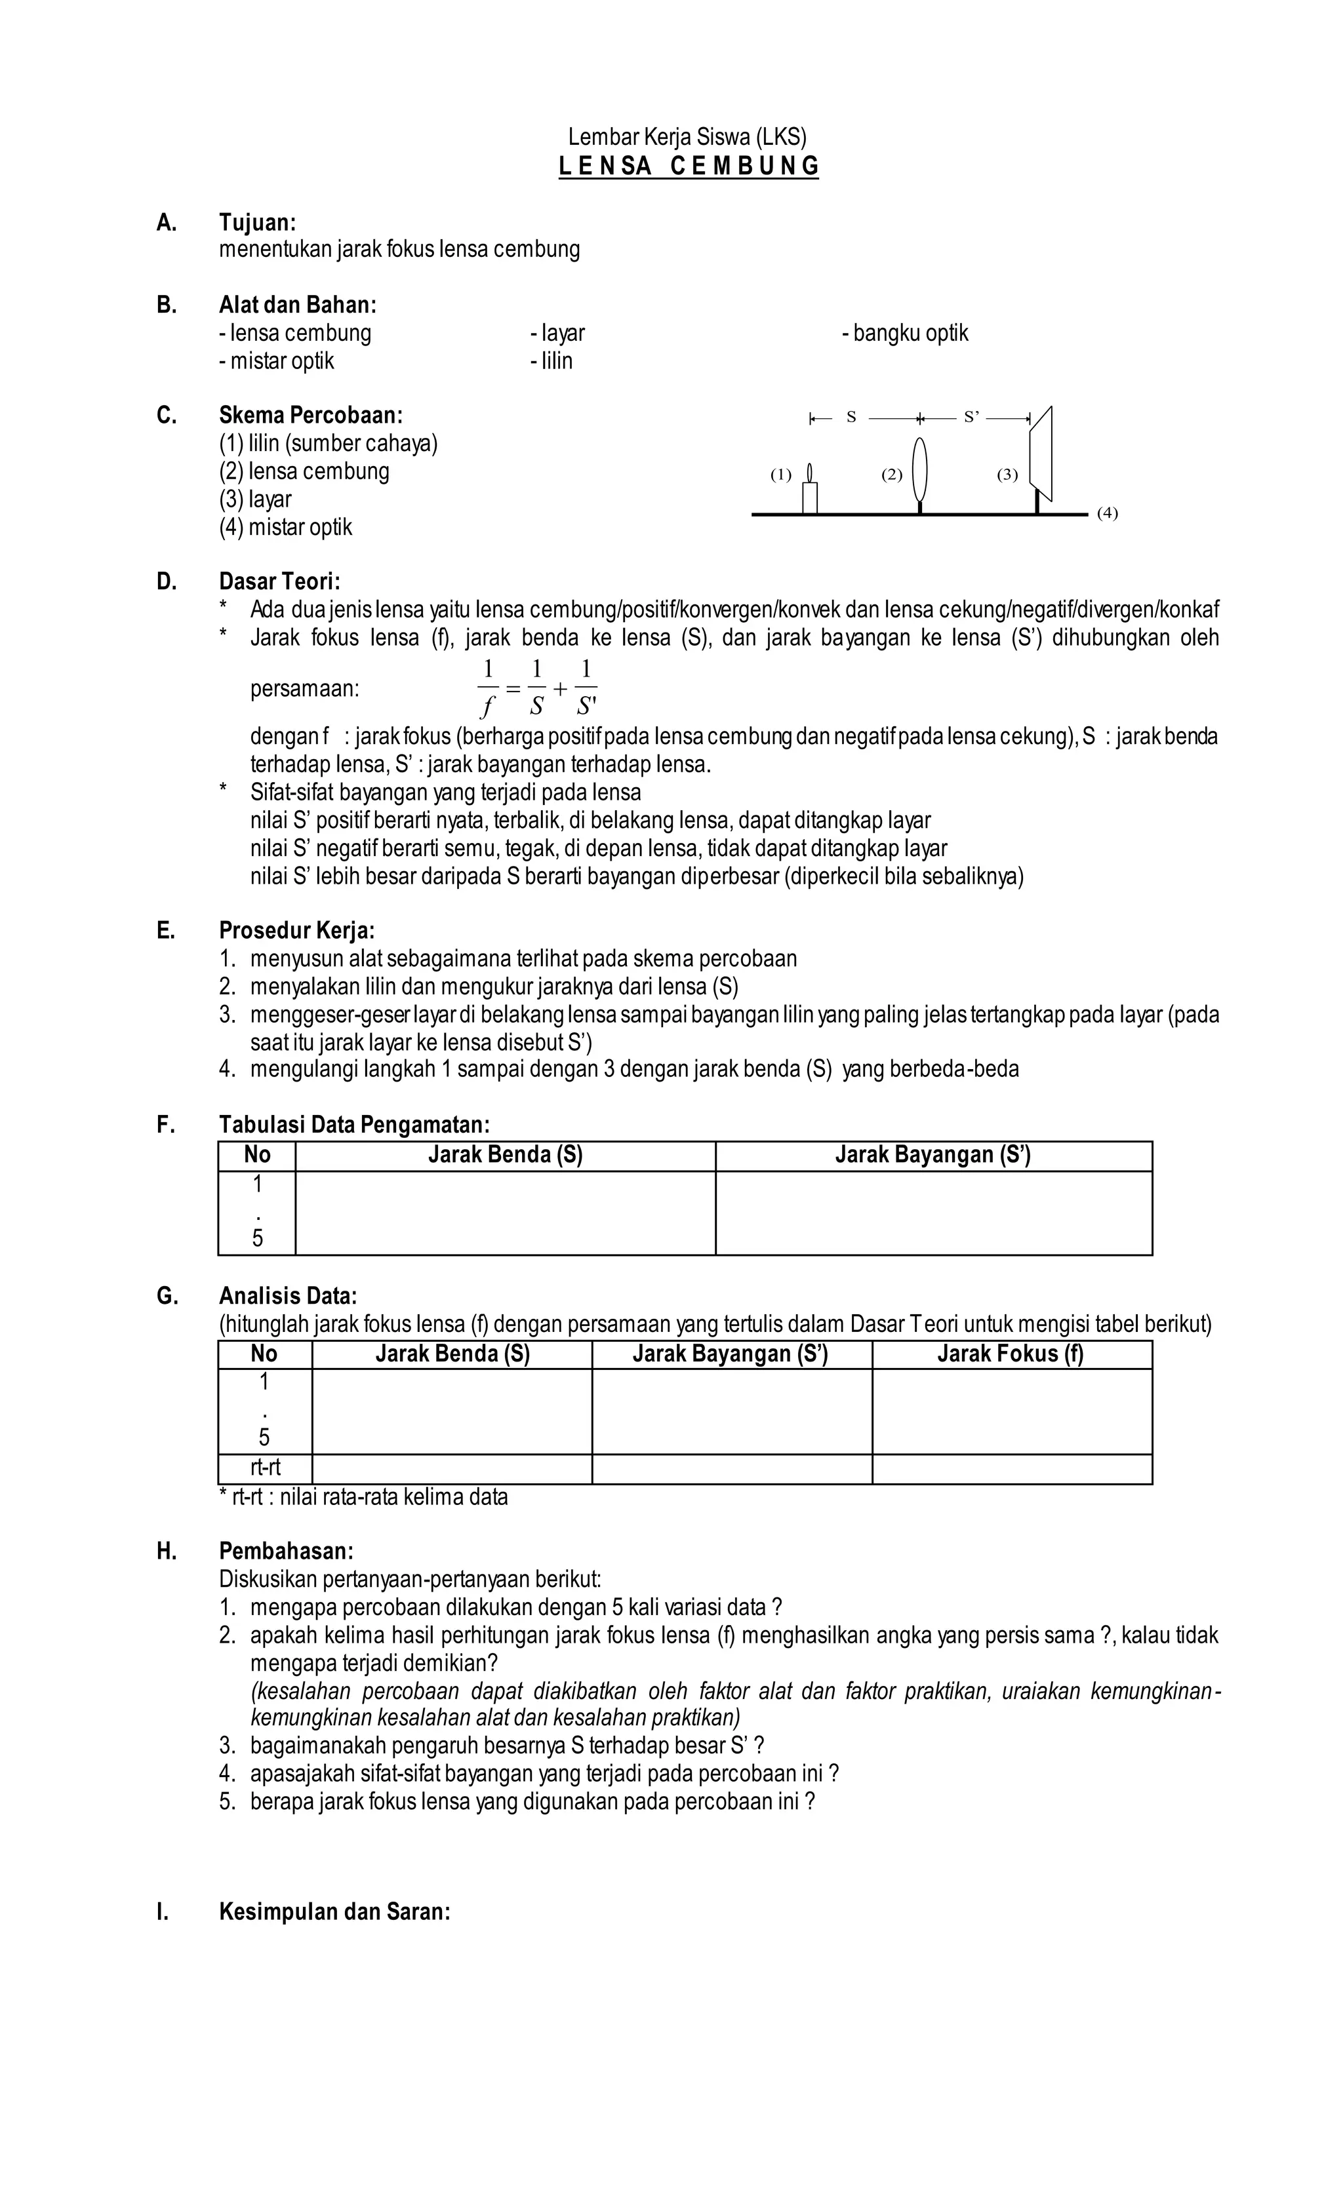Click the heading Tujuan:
click(257, 222)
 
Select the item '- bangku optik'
click(905, 333)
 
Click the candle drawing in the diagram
click(810, 493)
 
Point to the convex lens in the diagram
click(919, 469)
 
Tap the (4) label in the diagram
click(1107, 513)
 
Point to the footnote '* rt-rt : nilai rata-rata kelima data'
click(363, 1497)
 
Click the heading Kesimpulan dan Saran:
click(334, 1911)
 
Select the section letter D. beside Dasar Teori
click(166, 581)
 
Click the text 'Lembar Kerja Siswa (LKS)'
click(688, 136)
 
